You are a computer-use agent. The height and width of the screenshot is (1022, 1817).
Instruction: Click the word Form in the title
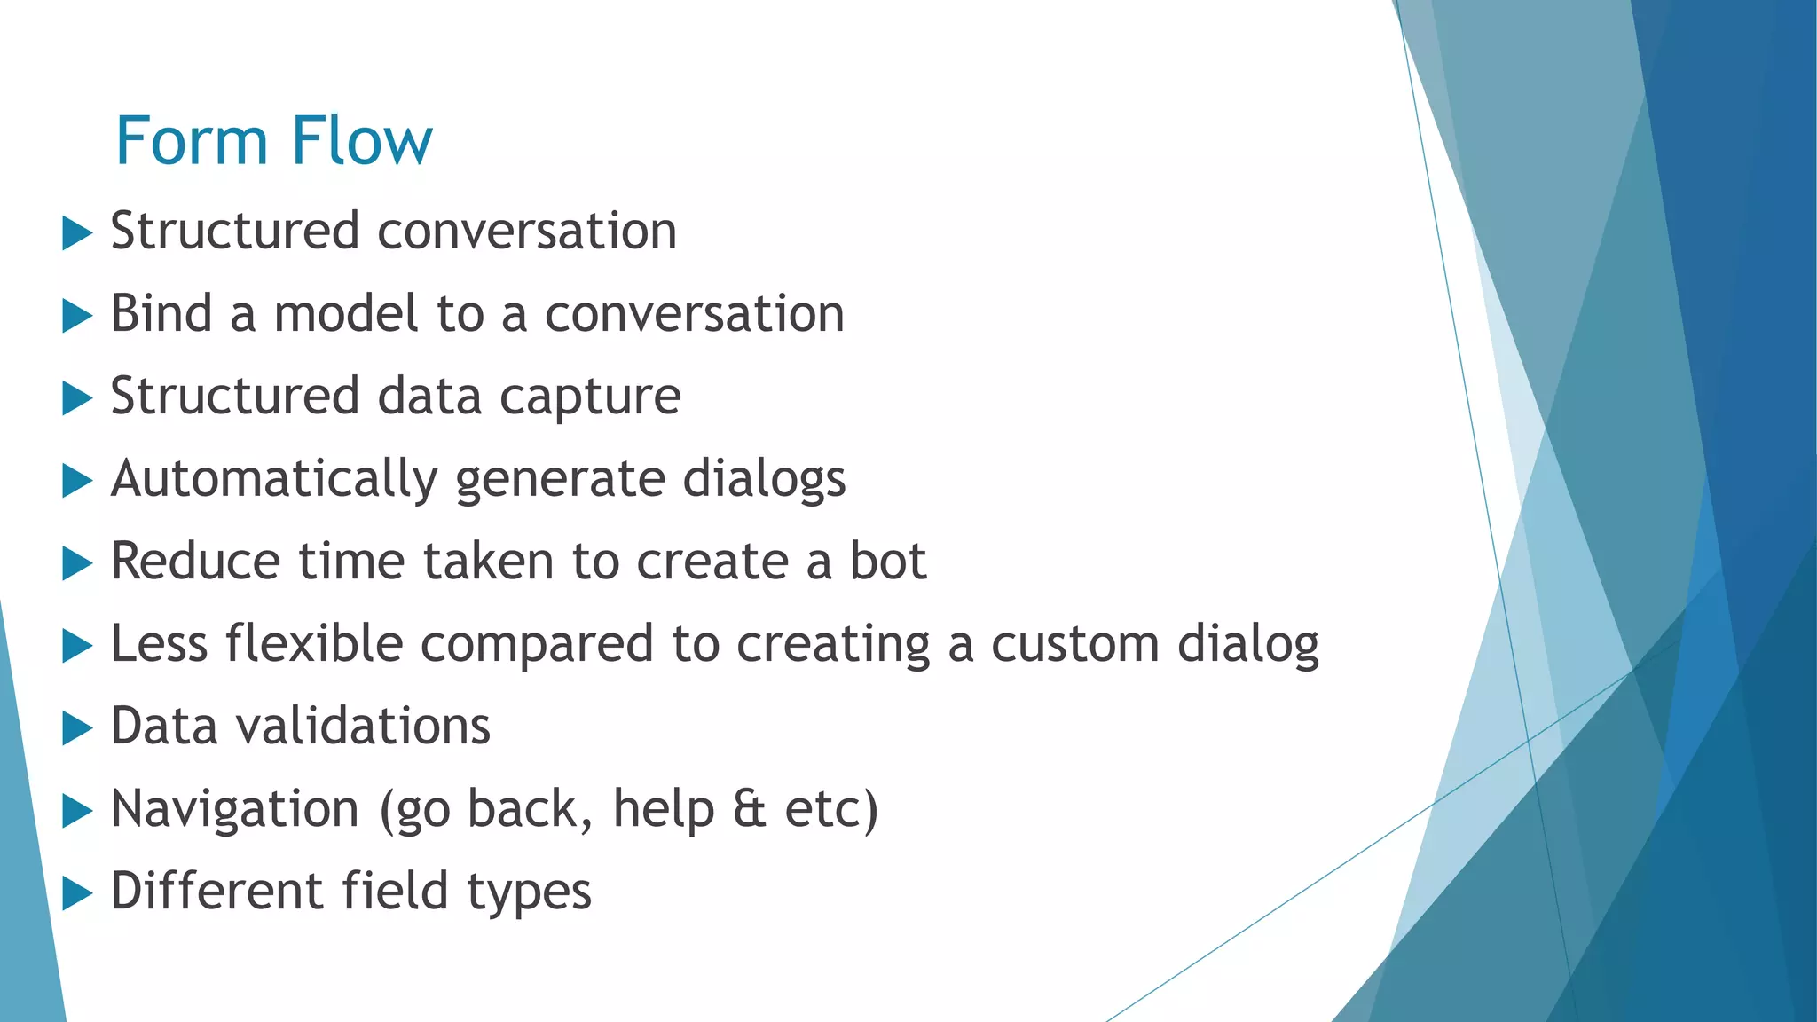click(191, 141)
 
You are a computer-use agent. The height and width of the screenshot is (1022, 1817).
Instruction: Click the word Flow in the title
click(361, 141)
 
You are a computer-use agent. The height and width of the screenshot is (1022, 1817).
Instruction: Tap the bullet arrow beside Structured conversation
click(77, 234)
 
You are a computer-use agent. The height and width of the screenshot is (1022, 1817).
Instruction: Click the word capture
click(590, 397)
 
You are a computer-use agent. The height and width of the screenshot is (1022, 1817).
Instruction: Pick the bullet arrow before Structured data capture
click(77, 399)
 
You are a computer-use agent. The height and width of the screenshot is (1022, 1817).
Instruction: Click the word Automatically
click(273, 480)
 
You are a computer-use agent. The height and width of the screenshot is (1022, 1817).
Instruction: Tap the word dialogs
click(764, 480)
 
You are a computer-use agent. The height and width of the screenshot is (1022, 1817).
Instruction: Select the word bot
click(888, 562)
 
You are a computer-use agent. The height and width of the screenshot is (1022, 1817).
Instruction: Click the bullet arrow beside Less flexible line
click(77, 647)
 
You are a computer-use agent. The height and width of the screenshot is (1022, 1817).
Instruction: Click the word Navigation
click(235, 809)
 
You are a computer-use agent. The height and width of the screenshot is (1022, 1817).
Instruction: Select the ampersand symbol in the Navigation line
click(750, 809)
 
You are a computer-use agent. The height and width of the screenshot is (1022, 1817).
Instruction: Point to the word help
click(664, 809)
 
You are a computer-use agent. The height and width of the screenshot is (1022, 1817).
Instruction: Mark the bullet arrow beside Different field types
click(77, 894)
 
